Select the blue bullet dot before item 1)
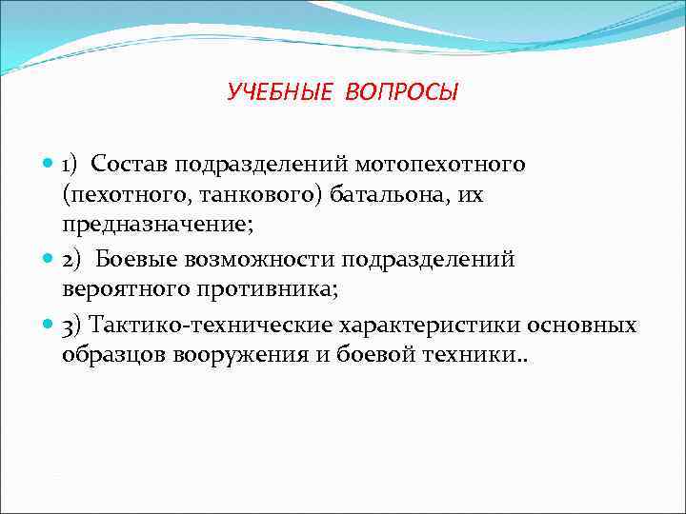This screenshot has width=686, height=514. pos(49,164)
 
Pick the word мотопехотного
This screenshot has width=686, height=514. pos(447,164)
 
